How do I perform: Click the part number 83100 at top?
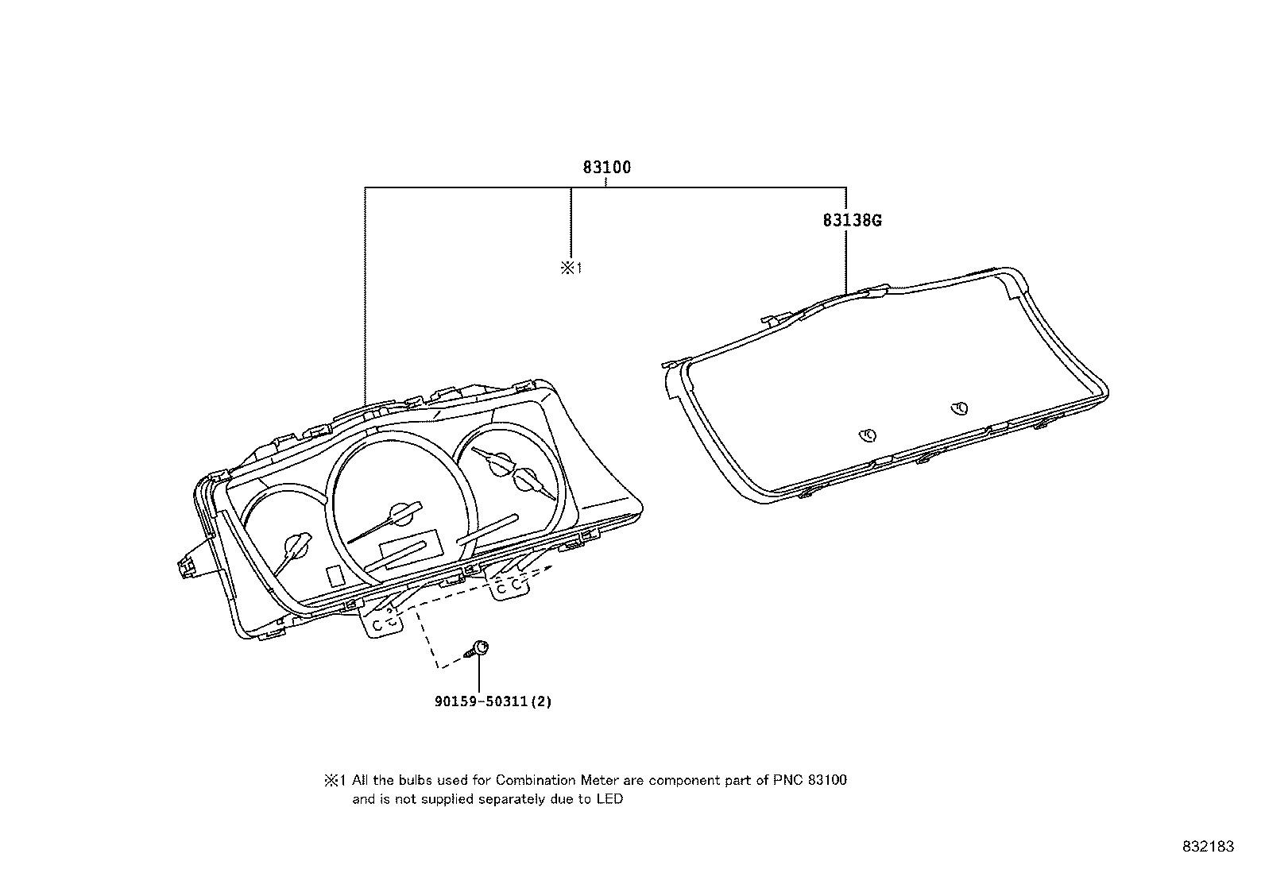pos(606,167)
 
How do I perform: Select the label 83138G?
pos(852,220)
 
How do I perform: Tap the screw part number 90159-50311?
pos(482,701)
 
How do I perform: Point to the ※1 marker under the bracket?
pos(571,268)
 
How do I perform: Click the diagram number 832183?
pos(1209,847)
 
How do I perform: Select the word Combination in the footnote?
pos(536,780)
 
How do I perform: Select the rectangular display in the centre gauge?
pos(411,546)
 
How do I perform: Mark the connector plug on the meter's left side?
pos(187,566)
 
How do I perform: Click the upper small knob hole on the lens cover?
pos(960,408)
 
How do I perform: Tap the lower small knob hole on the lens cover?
pos(868,435)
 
